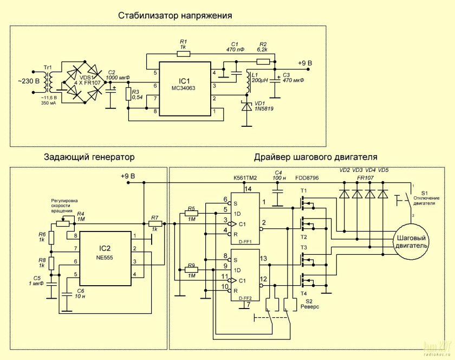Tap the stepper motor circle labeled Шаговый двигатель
412,242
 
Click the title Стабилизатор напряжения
175,16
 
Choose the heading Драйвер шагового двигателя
315,157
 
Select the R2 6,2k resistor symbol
263,61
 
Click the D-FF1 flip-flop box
245,218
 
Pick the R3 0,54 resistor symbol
128,94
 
